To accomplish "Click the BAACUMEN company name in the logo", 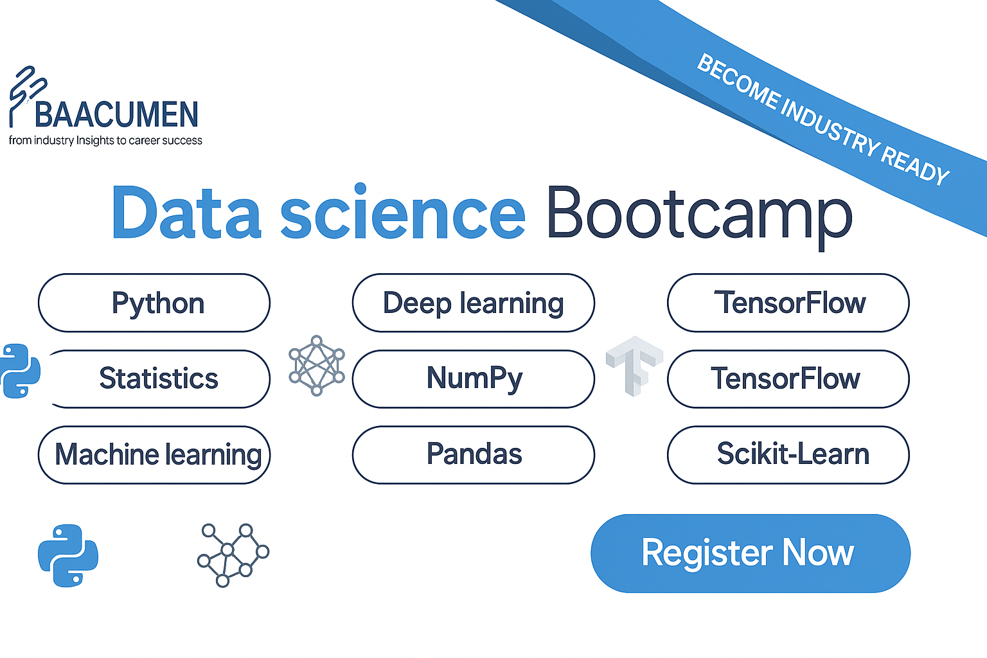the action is [116, 114].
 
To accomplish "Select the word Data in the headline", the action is [186, 213].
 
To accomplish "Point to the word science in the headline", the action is [403, 213].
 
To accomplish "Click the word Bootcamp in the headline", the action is [700, 215].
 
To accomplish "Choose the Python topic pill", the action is [154, 303].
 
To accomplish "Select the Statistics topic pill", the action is [159, 379].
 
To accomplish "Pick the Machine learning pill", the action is [154, 455].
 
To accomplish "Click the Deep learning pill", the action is [473, 303].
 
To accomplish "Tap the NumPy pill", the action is [473, 379].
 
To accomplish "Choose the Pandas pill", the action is [473, 455].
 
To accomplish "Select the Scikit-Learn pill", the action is [788, 455].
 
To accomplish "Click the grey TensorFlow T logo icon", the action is [634, 366].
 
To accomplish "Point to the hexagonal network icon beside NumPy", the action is [317, 366].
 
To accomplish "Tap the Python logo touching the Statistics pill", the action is [20, 371].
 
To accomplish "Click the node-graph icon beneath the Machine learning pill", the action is [233, 555].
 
